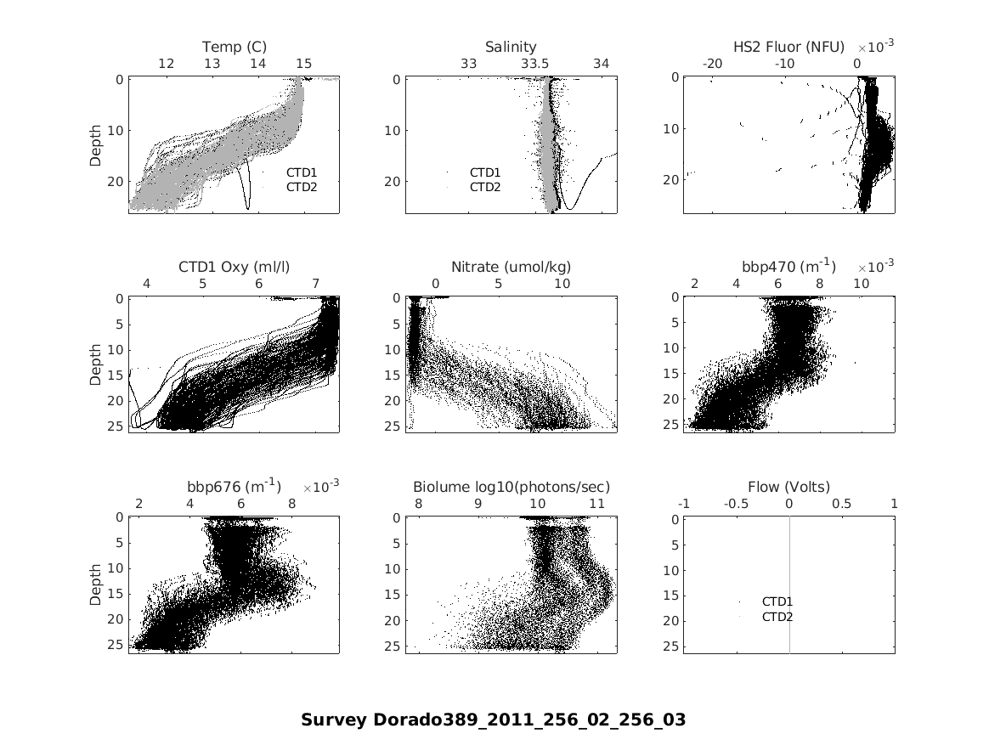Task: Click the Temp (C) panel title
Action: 234,47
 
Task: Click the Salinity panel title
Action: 511,47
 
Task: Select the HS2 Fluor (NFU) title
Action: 789,47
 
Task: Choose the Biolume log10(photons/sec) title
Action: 511,487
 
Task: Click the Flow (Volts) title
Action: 788,487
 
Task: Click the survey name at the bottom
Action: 493,720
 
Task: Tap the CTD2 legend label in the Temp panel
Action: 301,187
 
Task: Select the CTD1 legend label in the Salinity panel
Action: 485,172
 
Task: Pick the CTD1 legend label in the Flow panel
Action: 777,601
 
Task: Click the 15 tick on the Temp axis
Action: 304,64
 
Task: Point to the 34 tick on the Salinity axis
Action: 601,64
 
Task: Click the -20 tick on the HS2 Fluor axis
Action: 712,64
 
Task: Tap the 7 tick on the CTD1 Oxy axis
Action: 316,283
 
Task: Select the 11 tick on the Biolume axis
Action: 597,504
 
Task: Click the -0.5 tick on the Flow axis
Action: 736,504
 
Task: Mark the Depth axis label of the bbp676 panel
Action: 95,584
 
